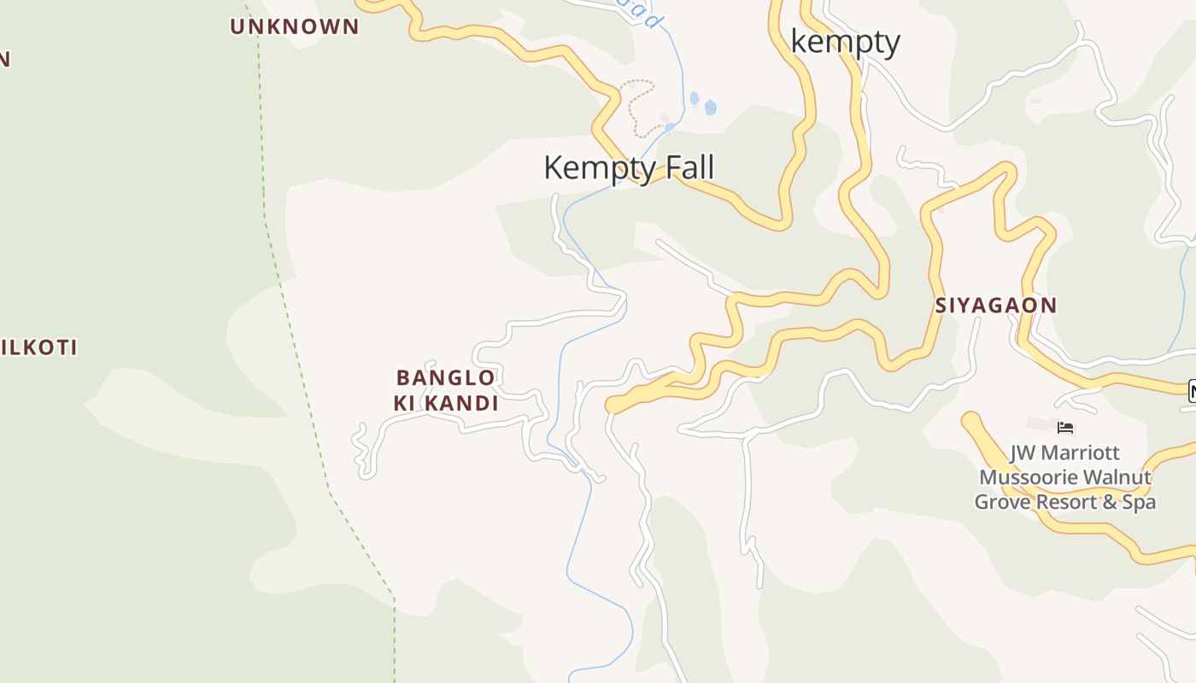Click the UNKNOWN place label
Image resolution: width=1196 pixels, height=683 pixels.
[x=295, y=26]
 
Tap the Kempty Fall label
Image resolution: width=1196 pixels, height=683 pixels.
[x=628, y=167]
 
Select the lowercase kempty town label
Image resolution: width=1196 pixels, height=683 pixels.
[x=845, y=41]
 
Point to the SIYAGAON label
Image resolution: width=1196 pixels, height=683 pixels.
[x=995, y=305]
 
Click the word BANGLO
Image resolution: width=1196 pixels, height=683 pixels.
[x=445, y=377]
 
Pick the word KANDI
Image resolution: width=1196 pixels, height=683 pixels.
[x=461, y=403]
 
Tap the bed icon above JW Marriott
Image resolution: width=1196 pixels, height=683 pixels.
[x=1064, y=428]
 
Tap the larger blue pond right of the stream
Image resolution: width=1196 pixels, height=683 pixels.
[x=710, y=108]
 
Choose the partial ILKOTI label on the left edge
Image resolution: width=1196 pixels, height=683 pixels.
[x=38, y=347]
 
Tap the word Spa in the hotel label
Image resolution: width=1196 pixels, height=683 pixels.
[x=1140, y=502]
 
